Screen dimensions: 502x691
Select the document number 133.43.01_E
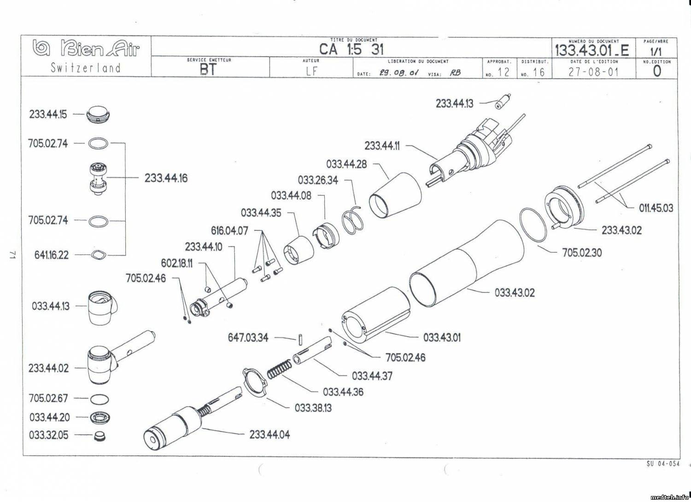click(591, 49)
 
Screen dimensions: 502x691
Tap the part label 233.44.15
click(48, 114)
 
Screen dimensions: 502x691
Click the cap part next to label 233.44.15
click(100, 114)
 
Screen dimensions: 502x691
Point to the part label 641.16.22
click(51, 255)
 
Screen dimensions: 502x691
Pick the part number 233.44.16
click(166, 178)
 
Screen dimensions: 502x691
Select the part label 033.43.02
click(515, 292)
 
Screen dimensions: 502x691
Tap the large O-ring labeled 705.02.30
click(533, 224)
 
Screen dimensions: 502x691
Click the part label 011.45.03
click(656, 208)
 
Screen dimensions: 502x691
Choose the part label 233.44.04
click(269, 434)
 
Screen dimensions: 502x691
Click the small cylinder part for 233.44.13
click(503, 101)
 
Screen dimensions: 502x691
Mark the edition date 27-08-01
click(593, 72)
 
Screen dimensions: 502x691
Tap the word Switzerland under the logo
click(86, 68)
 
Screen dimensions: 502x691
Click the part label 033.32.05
click(48, 435)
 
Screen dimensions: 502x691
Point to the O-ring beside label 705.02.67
click(100, 399)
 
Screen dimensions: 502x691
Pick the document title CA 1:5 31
click(351, 49)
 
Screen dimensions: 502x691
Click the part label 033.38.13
click(313, 408)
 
